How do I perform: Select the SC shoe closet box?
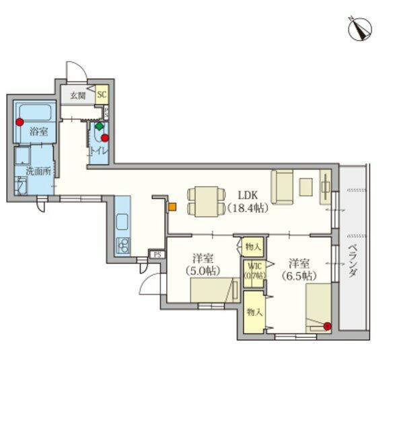pyautogui.click(x=102, y=95)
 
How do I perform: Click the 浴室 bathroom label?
pyautogui.click(x=39, y=132)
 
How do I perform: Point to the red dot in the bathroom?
pyautogui.click(x=20, y=122)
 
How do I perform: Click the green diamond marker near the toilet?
pyautogui.click(x=99, y=126)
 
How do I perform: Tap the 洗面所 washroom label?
pyautogui.click(x=38, y=171)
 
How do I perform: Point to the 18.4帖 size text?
pyautogui.click(x=244, y=208)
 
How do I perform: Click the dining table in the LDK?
pyautogui.click(x=205, y=201)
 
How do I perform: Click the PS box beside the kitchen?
pyautogui.click(x=157, y=255)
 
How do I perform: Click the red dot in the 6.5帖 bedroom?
pyautogui.click(x=327, y=327)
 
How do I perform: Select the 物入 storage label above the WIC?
pyautogui.click(x=253, y=247)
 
